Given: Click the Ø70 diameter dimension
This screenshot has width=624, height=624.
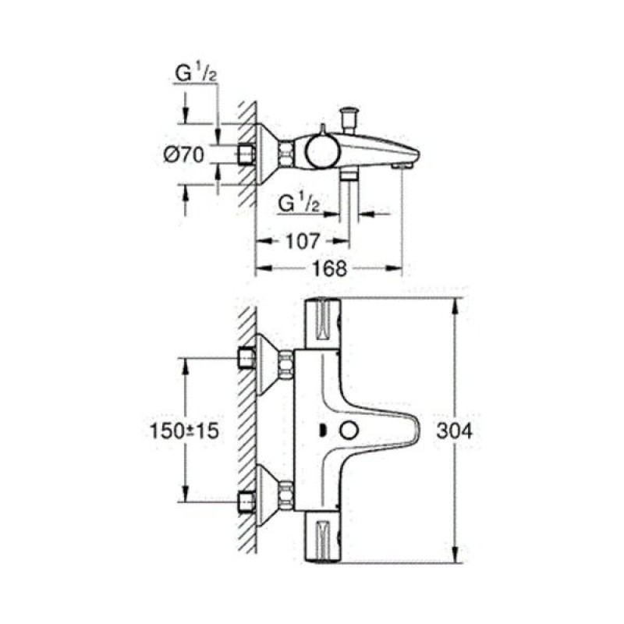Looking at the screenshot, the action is click(x=183, y=154).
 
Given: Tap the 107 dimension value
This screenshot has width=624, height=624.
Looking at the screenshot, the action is click(x=303, y=241).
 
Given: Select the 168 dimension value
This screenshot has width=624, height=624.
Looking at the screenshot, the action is click(x=329, y=268).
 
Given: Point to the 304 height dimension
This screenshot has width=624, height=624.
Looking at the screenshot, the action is click(x=454, y=431).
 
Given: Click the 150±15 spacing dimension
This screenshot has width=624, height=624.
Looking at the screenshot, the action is click(x=184, y=431).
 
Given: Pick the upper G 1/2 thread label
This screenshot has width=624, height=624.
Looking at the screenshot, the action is click(x=196, y=73).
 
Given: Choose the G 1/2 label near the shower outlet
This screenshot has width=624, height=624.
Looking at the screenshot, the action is click(x=299, y=204).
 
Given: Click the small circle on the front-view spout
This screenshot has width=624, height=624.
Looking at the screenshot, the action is click(x=349, y=431).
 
